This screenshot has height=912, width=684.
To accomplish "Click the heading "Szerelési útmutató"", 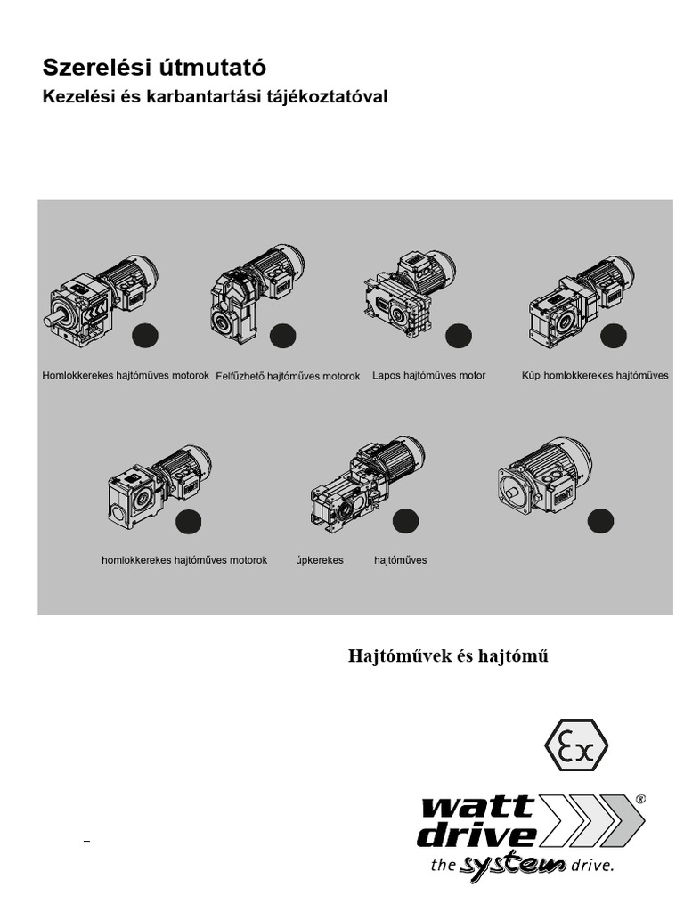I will point(154,68).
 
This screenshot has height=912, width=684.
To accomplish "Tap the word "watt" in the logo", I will point(478,808).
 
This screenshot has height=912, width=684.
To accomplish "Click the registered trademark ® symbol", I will point(639,800).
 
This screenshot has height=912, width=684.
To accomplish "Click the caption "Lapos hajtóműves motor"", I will point(429,376).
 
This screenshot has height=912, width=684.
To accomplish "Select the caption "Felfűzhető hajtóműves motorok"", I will point(288,377).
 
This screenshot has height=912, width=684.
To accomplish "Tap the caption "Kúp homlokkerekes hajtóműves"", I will point(595,376).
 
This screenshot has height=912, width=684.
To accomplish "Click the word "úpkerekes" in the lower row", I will point(320,560).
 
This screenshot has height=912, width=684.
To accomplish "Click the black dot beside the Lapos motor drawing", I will point(458,337).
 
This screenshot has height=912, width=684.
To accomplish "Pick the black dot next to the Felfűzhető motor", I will point(282,337).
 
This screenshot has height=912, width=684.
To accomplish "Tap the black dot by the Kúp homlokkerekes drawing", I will point(613,337).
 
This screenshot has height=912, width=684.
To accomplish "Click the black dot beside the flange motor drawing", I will point(599,520).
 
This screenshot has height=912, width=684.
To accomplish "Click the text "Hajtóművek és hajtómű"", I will point(448,656).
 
